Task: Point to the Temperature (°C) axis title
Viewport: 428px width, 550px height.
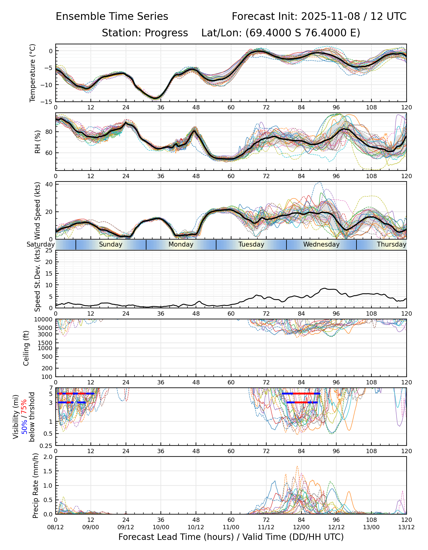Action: pyautogui.click(x=33, y=73)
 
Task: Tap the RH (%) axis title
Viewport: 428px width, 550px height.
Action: pyautogui.click(x=38, y=142)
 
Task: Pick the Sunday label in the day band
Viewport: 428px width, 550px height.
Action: pyautogui.click(x=111, y=244)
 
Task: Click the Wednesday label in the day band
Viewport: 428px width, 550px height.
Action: pyautogui.click(x=321, y=244)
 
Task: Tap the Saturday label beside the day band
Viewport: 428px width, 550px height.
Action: pyautogui.click(x=40, y=244)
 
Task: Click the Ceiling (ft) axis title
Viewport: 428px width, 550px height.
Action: pyautogui.click(x=26, y=348)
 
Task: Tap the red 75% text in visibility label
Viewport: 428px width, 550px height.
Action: pyautogui.click(x=24, y=407)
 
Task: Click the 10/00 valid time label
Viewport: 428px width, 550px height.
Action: pyautogui.click(x=161, y=527)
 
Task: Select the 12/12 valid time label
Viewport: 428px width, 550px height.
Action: pyautogui.click(x=336, y=527)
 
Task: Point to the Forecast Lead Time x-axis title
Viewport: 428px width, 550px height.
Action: pyautogui.click(x=231, y=537)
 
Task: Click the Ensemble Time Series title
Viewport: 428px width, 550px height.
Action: pyautogui.click(x=112, y=16)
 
